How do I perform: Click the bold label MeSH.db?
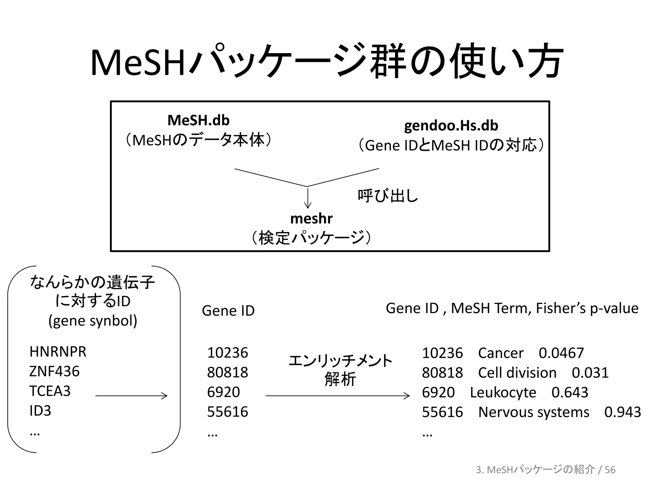198,120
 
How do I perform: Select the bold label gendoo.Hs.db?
451,126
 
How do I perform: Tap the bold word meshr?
311,219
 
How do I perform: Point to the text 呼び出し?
388,195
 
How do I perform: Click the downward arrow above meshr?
308,199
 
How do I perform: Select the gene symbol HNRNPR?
58,352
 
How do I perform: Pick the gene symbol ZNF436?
54,372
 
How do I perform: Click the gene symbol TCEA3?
50,391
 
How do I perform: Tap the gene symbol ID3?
40,411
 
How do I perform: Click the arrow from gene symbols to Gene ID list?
131,396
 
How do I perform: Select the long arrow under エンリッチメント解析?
337,396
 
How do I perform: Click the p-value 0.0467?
561,353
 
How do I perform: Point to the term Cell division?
517,373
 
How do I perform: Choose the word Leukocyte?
503,392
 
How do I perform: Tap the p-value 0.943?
622,412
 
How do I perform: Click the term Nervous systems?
533,412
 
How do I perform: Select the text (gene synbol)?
93,321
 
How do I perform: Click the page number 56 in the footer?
610,470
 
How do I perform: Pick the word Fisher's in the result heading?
561,308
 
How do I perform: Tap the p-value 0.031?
590,373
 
